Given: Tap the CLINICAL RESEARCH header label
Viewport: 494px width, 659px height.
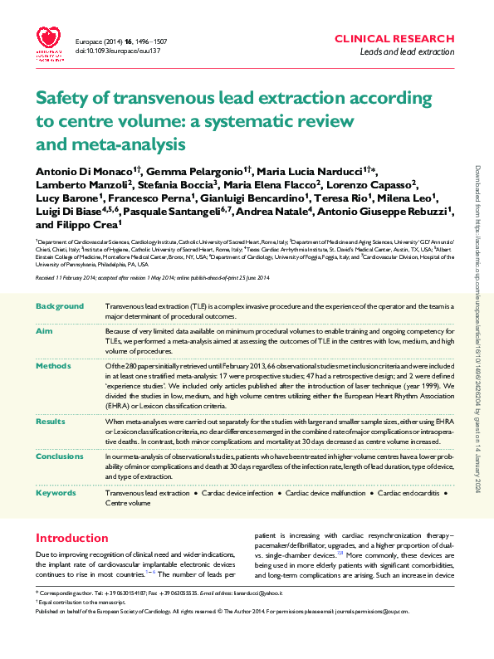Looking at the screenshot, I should (x=394, y=39).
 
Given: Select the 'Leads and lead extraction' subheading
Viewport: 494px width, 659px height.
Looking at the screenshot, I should (x=406, y=51).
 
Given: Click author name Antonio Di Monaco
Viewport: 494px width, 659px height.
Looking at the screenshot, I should (x=85, y=170).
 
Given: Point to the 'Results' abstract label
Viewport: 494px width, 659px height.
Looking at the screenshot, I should (x=51, y=422).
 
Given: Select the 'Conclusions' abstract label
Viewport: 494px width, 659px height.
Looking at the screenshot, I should (x=60, y=456).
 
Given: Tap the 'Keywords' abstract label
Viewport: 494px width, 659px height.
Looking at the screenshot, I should (x=56, y=493).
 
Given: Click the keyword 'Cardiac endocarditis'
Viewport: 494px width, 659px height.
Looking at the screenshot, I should (x=408, y=493).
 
